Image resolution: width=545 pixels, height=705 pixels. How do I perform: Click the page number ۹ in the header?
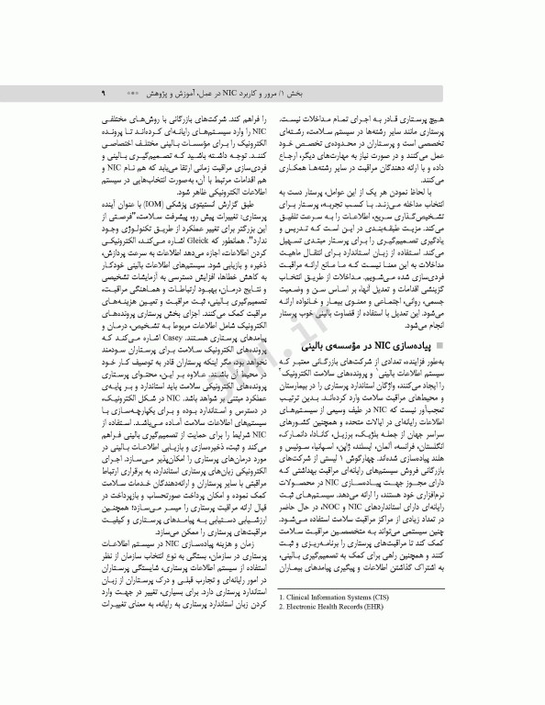click(x=103, y=94)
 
